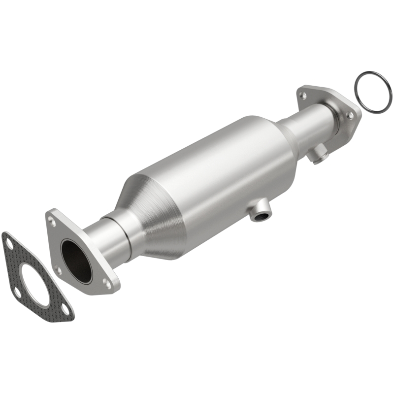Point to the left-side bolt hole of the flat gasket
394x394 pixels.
coord(17,292)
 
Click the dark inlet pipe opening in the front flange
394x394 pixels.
coord(76,261)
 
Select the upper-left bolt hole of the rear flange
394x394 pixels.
coord(304,92)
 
